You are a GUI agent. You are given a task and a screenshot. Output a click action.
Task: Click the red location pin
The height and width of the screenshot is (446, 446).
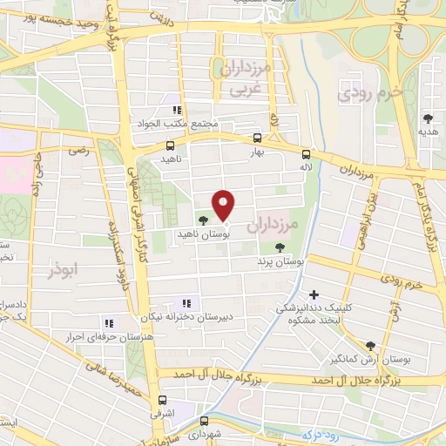pyautogui.click(x=224, y=204)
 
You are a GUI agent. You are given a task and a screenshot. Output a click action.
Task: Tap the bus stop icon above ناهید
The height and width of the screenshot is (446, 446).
pyautogui.click(x=170, y=145)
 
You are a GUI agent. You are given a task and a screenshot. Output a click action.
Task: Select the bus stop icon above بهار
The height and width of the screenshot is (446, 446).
pyautogui.click(x=256, y=138)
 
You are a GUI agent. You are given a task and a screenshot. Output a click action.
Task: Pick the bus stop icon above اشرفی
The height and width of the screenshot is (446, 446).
pyautogui.click(x=161, y=402)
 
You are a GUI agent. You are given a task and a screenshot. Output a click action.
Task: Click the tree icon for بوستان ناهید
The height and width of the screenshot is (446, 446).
pyautogui.click(x=203, y=220)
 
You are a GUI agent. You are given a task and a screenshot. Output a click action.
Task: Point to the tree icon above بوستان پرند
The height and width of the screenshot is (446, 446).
pyautogui.click(x=278, y=247)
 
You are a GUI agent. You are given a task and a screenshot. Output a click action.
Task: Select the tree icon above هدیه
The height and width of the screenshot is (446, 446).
pyautogui.click(x=427, y=118)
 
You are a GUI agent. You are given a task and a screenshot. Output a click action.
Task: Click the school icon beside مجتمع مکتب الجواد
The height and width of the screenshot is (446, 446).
pyautogui.click(x=177, y=110)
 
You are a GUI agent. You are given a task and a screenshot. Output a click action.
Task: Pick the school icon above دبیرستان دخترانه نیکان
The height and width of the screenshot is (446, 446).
pyautogui.click(x=193, y=303)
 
